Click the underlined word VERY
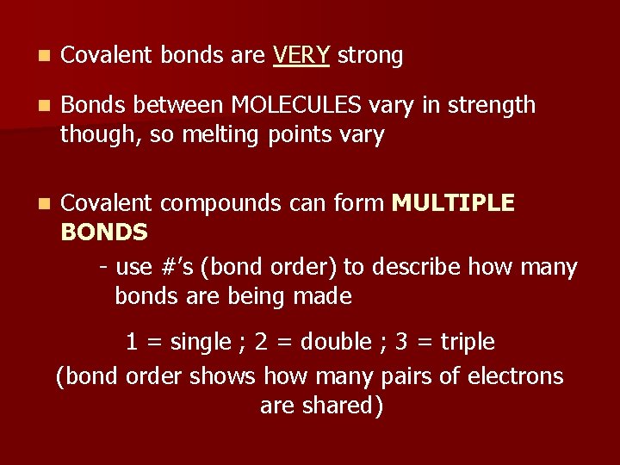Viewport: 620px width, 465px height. (x=301, y=56)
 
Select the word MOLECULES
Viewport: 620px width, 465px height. (x=295, y=106)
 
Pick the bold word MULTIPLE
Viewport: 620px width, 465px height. (x=453, y=203)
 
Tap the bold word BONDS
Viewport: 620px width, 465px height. (x=104, y=232)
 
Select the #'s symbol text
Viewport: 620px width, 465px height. (x=176, y=267)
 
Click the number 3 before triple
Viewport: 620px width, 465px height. (x=401, y=343)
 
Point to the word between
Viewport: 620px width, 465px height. (x=180, y=106)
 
